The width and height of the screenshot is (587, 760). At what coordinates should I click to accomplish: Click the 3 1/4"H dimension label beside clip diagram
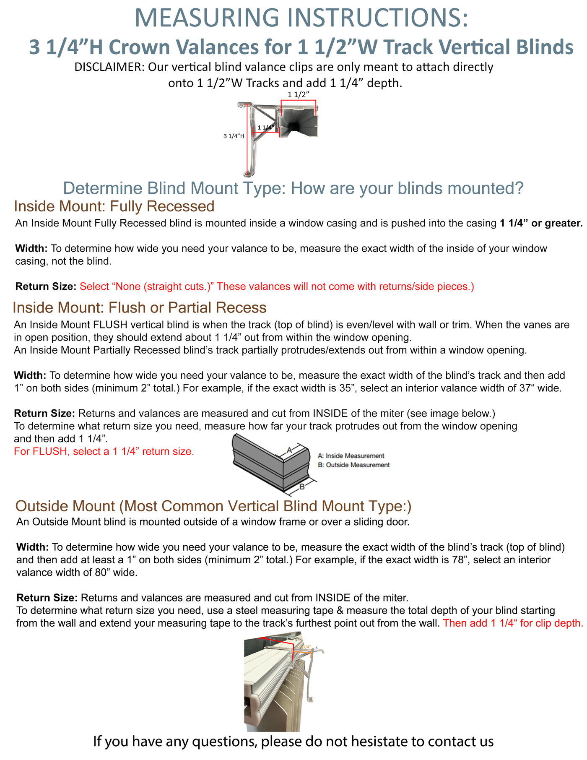pyautogui.click(x=234, y=136)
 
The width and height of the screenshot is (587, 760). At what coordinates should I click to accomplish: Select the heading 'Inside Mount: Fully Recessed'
pyautogui.click(x=114, y=206)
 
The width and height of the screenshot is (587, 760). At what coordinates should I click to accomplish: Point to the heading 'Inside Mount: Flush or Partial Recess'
pyautogui.click(x=140, y=307)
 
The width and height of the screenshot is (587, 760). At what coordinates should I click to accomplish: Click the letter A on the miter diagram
pyautogui.click(x=289, y=450)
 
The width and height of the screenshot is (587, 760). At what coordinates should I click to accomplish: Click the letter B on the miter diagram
pyautogui.click(x=301, y=487)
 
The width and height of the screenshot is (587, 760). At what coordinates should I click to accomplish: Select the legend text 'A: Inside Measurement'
pyautogui.click(x=351, y=455)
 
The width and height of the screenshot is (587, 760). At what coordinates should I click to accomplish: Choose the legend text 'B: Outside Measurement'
pyautogui.click(x=353, y=465)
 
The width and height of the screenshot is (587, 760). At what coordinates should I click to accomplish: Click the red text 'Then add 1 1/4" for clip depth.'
pyautogui.click(x=513, y=623)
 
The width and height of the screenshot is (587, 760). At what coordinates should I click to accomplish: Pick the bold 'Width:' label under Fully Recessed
pyautogui.click(x=32, y=248)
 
